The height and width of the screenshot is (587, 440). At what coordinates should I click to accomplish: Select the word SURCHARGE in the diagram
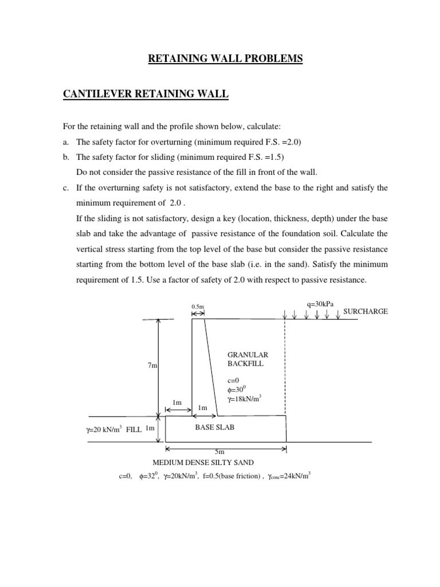(x=365, y=311)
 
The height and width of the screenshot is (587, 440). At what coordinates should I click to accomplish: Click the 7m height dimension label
(x=152, y=366)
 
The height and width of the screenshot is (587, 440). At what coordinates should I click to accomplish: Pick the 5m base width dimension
(x=225, y=452)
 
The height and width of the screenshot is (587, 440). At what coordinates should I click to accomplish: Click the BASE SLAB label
(x=215, y=428)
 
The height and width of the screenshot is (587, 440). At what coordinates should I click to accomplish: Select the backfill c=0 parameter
(x=234, y=379)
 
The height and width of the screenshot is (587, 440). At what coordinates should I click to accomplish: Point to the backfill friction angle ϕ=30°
(x=238, y=389)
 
